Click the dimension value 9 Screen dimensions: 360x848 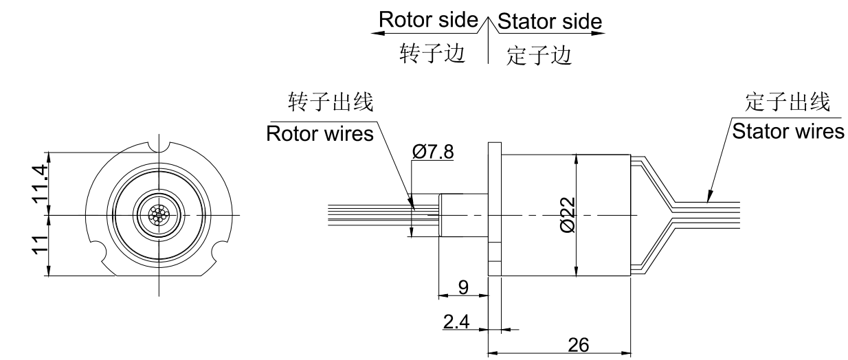(x=464, y=288)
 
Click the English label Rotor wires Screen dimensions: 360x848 (x=320, y=133)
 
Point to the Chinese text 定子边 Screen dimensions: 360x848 (x=539, y=55)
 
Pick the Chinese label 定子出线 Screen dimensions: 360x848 (x=788, y=102)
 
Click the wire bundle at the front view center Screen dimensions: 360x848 (x=159, y=215)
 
